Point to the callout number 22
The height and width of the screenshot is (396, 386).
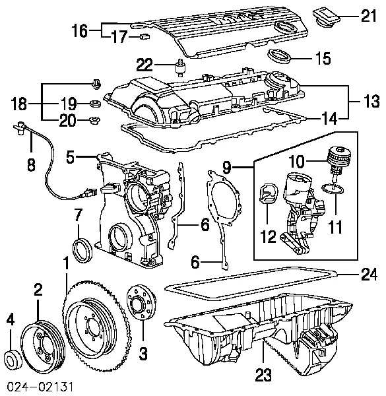[x=145, y=64]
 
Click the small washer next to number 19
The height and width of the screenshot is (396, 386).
[x=94, y=104]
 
